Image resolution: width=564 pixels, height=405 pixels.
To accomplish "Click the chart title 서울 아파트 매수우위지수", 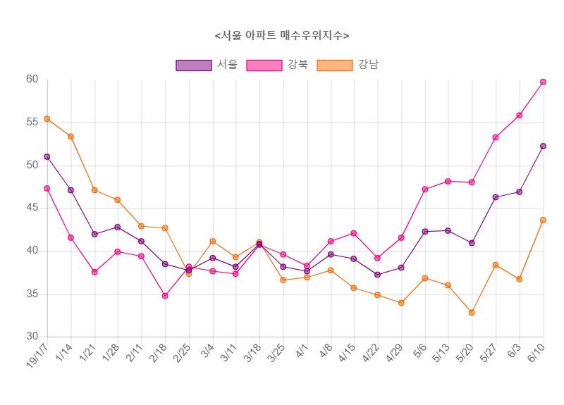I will pos(282,35).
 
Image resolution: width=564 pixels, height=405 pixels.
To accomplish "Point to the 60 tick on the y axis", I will pos(32,79).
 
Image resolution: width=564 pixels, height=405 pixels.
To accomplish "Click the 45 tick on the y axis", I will pos(32,208).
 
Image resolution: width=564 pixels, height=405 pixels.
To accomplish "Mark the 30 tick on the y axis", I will pos(32,337).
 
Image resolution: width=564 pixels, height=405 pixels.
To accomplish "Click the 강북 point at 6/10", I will pos(543,82).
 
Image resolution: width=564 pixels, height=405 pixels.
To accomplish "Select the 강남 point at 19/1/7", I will pos(47,119).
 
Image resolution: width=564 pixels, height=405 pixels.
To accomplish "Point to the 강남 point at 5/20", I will pos(472,312).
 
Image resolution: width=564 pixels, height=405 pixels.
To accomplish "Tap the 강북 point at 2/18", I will pos(165,296).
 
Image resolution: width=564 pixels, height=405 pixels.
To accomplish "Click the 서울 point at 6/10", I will pos(543,146).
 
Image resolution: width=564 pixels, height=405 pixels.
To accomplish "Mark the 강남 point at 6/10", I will pos(543,220).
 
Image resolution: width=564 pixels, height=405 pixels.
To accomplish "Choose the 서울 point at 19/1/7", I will pos(47,156).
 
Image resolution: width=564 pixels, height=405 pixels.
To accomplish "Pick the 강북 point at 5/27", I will pos(496,137).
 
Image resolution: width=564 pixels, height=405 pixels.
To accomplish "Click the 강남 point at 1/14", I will pos(70,136).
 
